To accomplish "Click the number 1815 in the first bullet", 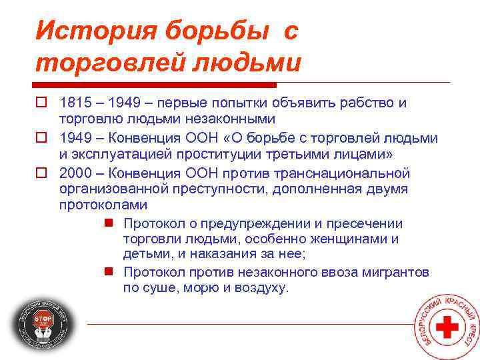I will click(x=73, y=103).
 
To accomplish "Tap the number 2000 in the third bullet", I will click(x=73, y=173).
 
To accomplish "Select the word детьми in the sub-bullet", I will click(x=142, y=254).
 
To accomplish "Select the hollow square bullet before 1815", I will click(x=41, y=104).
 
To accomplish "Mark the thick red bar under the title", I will click(x=153, y=85).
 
